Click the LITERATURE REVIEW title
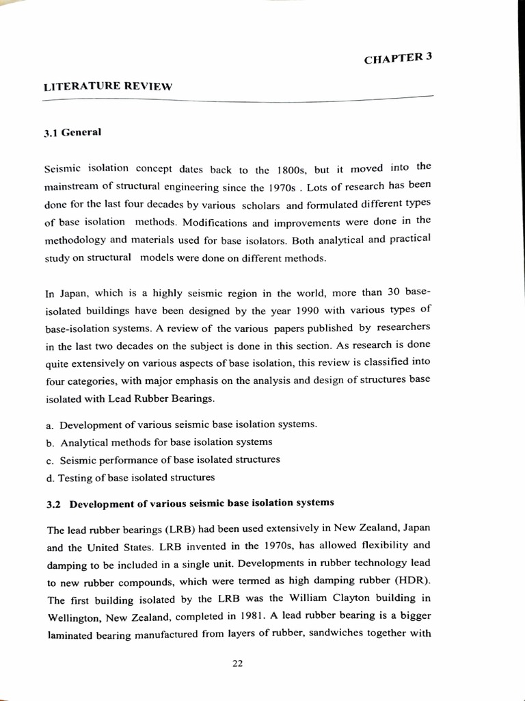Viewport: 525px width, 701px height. tap(107, 86)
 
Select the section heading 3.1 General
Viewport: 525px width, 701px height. tap(72, 132)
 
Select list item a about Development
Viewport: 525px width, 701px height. tap(182, 424)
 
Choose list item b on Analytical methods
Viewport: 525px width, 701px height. tap(160, 442)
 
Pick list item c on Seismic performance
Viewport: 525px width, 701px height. tap(164, 459)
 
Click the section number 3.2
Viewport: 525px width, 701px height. tap(54, 504)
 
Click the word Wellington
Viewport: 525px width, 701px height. tap(75, 617)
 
